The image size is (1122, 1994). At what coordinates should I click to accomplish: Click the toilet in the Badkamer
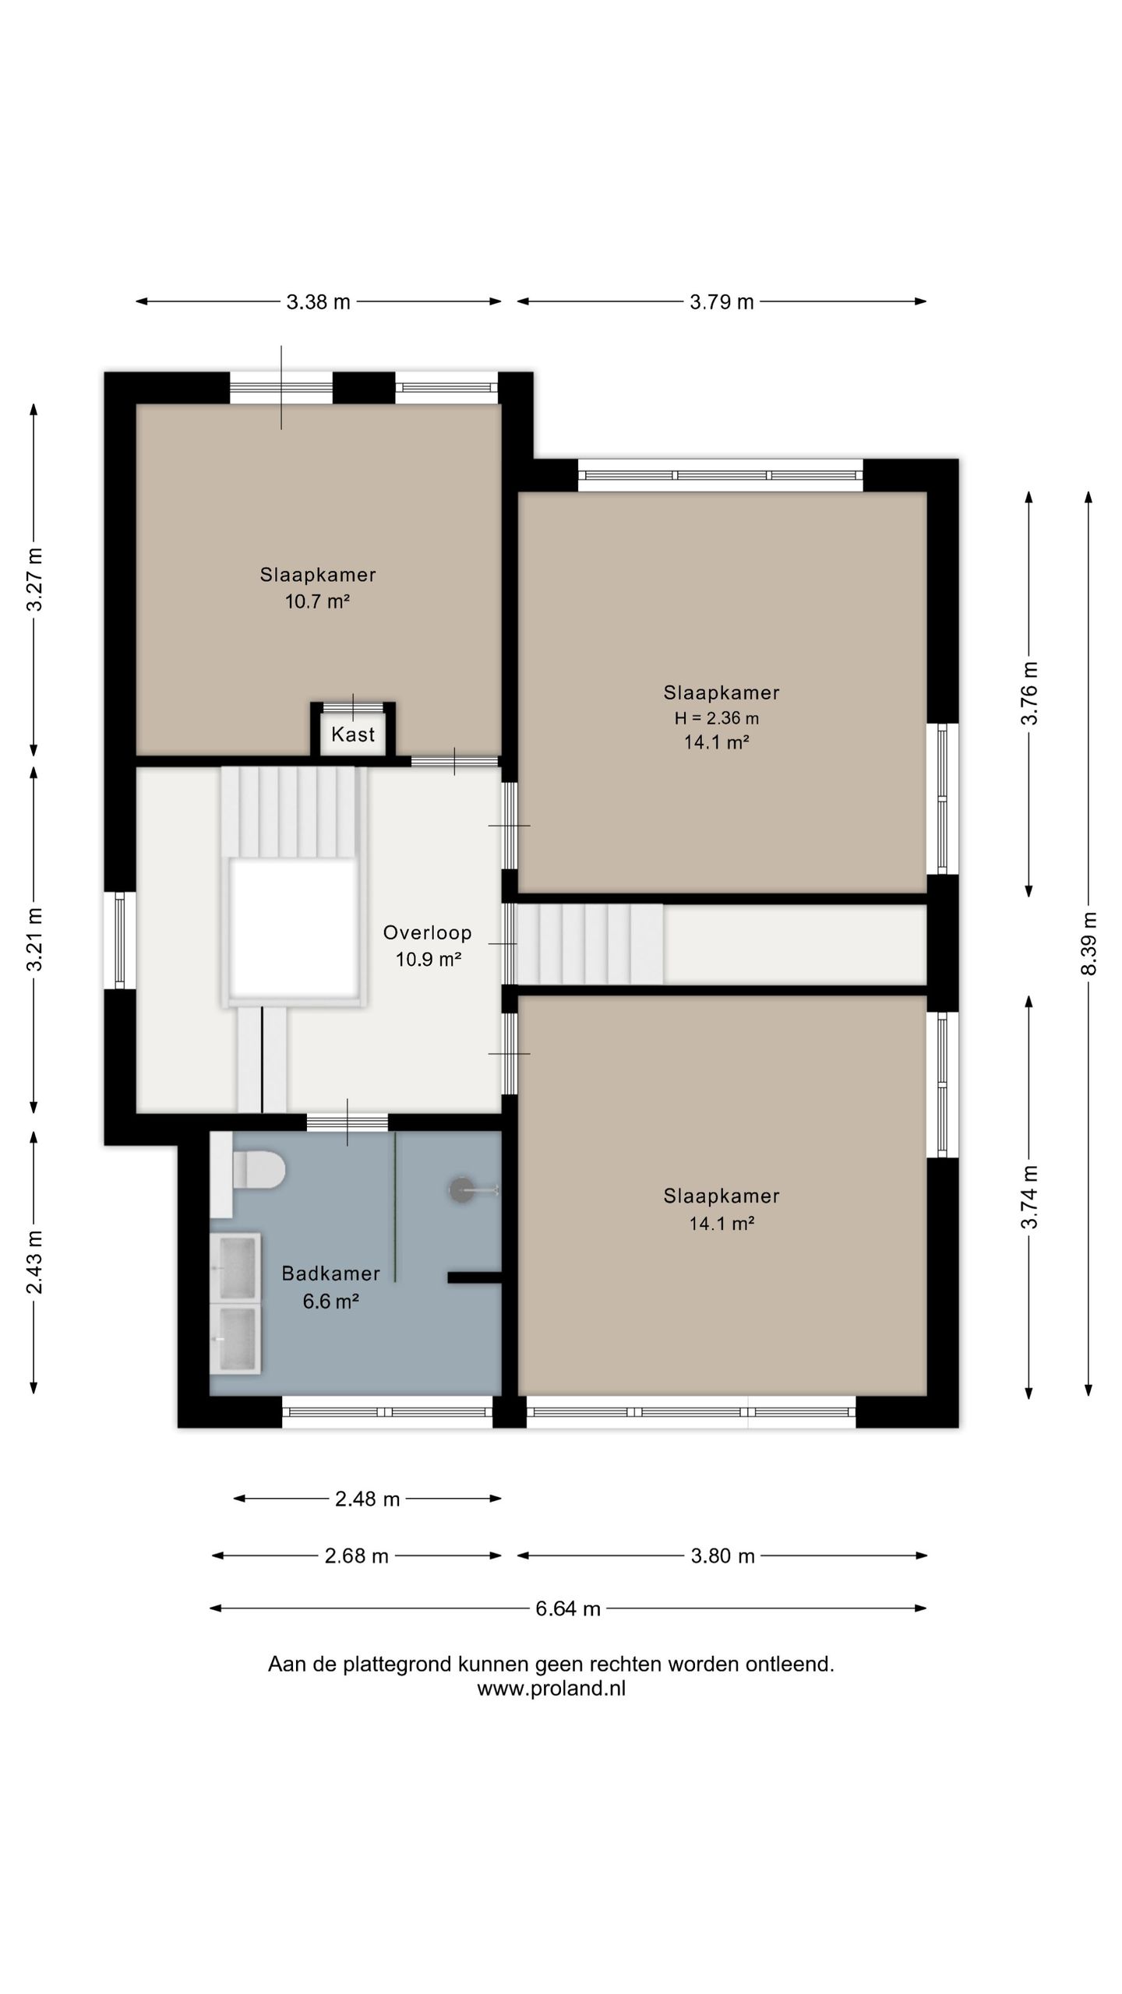(259, 1171)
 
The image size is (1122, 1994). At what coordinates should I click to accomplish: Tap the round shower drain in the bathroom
(461, 1189)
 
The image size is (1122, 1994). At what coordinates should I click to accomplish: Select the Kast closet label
(353, 734)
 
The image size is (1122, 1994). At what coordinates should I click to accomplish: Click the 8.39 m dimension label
(1088, 942)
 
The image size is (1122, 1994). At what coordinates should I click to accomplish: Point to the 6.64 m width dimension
(568, 1608)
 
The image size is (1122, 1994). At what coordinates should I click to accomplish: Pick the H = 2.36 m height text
(717, 718)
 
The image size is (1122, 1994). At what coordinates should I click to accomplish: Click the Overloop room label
(428, 932)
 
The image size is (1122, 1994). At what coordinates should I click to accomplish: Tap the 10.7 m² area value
(317, 601)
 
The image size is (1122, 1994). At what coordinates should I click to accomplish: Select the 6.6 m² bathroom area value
(331, 1301)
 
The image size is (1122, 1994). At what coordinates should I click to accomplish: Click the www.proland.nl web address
(552, 1688)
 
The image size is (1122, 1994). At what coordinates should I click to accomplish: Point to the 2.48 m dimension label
(368, 1499)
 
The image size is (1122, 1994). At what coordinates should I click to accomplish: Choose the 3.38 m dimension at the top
(319, 301)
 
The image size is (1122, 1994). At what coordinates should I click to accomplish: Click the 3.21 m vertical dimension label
(34, 939)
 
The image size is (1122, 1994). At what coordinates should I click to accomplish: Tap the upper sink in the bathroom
(236, 1267)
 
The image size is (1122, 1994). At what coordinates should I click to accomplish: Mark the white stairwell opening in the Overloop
(295, 927)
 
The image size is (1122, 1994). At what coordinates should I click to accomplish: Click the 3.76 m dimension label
(1029, 693)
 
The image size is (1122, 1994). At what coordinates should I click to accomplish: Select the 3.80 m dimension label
(723, 1555)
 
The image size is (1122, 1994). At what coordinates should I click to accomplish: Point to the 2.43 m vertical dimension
(34, 1262)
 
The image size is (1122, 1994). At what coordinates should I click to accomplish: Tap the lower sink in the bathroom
(236, 1338)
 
